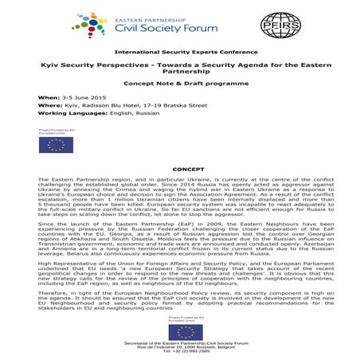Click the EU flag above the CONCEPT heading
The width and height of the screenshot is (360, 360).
coord(57,143)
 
